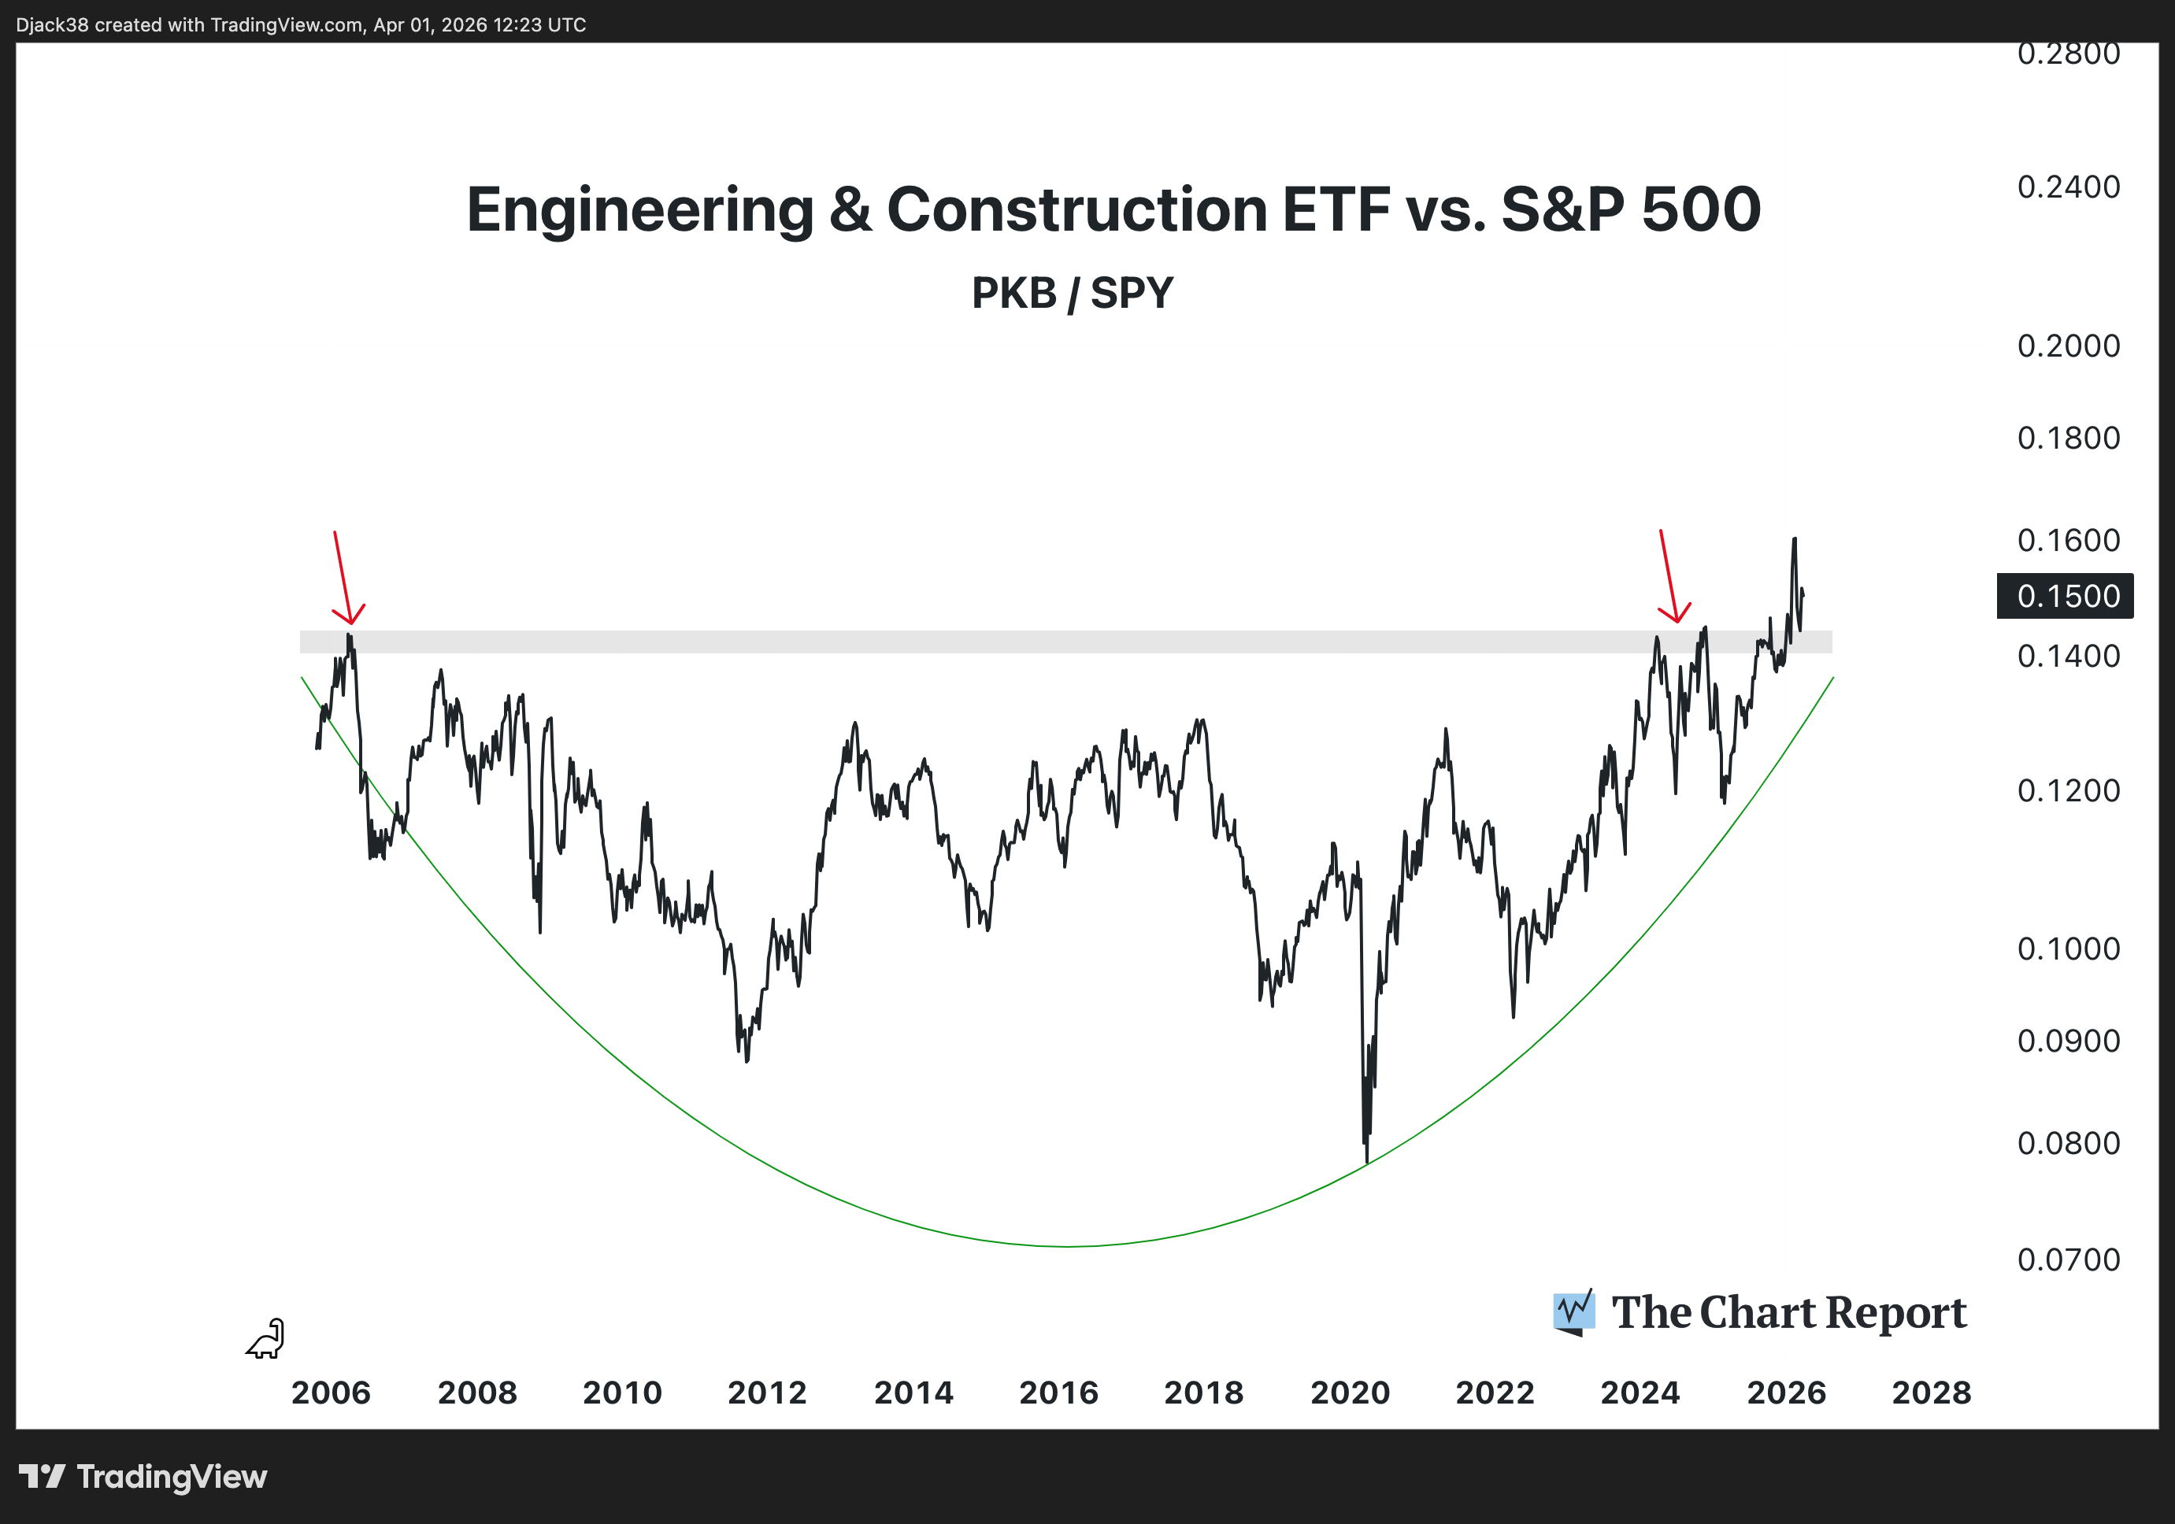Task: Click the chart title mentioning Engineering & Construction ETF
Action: (1113, 209)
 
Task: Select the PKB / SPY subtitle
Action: (1073, 293)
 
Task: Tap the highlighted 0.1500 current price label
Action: (2064, 596)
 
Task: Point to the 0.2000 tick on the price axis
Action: (2068, 346)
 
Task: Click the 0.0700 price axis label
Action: (2068, 1260)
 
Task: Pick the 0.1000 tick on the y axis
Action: (2068, 949)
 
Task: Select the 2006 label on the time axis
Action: (331, 1393)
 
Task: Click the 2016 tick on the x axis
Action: (1058, 1393)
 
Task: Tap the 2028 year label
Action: (1931, 1393)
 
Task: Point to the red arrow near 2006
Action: (343, 577)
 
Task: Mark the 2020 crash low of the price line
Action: (1367, 1161)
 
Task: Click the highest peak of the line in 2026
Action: (1794, 539)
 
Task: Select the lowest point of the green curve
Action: (1068, 1245)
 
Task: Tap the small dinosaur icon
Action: (266, 1339)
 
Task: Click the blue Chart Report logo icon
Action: (1573, 1311)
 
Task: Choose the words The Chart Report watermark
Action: (1788, 1313)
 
